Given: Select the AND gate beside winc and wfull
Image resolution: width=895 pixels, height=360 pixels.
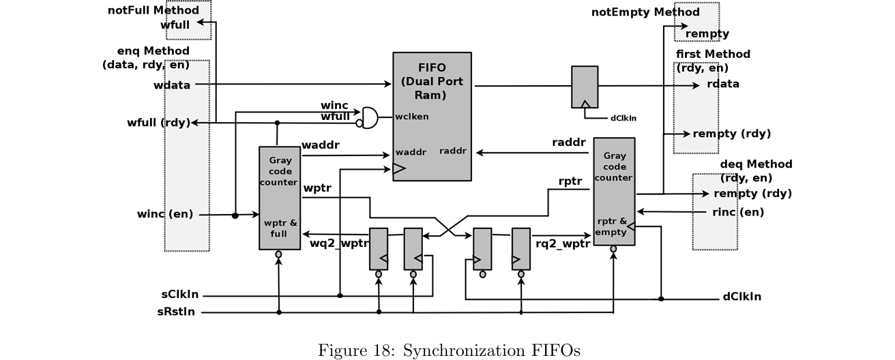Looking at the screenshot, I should pos(370,117).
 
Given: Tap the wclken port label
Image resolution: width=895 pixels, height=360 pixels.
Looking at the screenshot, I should pos(412,116).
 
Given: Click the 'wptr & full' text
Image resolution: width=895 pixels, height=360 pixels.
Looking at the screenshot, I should pos(280,228).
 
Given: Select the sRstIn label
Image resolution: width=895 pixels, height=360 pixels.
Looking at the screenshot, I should pos(179,312).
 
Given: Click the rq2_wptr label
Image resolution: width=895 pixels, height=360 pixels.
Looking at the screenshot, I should pos(563,243).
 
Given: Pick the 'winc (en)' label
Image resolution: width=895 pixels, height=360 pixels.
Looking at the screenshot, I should pos(165,215).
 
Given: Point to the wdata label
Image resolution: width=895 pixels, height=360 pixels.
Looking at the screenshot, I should pos(172,85).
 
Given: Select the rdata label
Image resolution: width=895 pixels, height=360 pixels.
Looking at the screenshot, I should pos(723,85).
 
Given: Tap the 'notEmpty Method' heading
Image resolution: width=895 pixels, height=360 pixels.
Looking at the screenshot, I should pos(645,12).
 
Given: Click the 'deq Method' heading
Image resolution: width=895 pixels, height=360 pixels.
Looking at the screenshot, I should pos(756,164).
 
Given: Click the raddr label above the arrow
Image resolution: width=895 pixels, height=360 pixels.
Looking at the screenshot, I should pos(569,142).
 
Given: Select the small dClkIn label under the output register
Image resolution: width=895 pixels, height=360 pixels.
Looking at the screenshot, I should pos(623,117).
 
